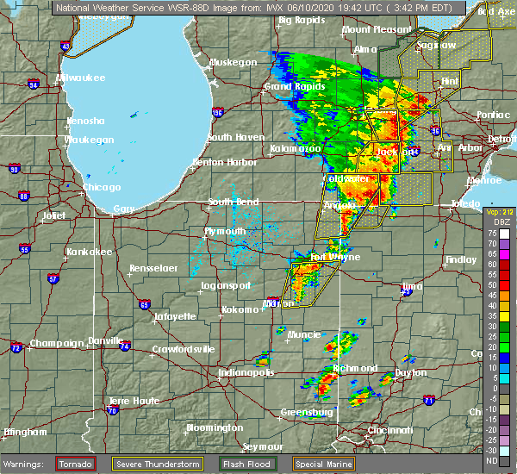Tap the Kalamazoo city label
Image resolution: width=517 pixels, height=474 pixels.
(295, 149)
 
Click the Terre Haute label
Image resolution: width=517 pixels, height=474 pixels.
(130, 402)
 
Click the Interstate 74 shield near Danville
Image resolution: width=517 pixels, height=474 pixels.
(127, 346)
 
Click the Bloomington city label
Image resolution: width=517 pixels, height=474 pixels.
(215, 428)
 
